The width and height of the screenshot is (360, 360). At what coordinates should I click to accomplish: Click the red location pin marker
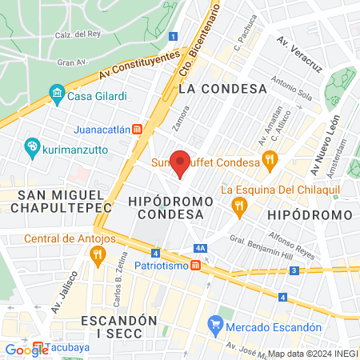[181, 163]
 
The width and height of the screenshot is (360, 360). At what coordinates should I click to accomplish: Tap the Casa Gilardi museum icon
[57, 96]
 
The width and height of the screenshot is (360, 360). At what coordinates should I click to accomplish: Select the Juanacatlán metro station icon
[138, 128]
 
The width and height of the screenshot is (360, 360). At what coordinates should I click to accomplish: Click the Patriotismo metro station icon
[195, 266]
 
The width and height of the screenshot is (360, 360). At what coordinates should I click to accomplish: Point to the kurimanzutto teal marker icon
[32, 146]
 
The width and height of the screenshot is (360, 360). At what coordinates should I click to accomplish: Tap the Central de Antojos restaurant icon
[98, 256]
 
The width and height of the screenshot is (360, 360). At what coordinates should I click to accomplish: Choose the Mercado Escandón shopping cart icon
[214, 325]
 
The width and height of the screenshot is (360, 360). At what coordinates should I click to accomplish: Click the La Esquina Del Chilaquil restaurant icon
[238, 207]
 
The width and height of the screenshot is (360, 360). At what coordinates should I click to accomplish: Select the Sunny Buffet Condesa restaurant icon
[270, 160]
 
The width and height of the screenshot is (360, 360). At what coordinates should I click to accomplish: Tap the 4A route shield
[201, 249]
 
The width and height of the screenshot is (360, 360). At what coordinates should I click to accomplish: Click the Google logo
[26, 350]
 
